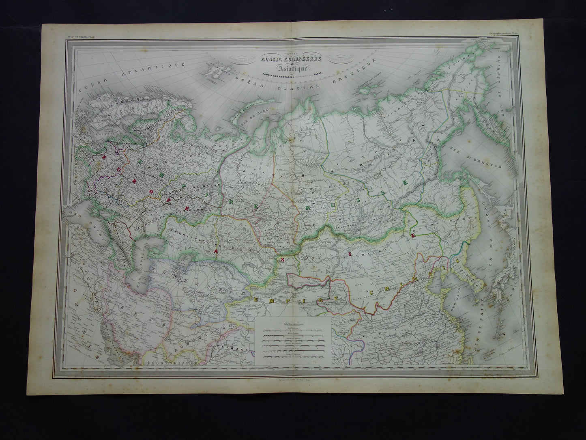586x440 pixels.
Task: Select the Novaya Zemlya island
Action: tap(243, 114)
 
